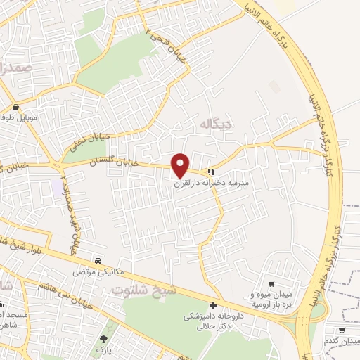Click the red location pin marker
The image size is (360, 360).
point(181,165)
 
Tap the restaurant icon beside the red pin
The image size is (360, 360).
point(210,172)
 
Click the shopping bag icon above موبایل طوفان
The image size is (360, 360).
point(15,108)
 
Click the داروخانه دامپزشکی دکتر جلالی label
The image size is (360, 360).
point(211,321)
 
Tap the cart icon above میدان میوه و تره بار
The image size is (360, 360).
point(271,264)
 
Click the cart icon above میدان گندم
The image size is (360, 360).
point(341,330)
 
